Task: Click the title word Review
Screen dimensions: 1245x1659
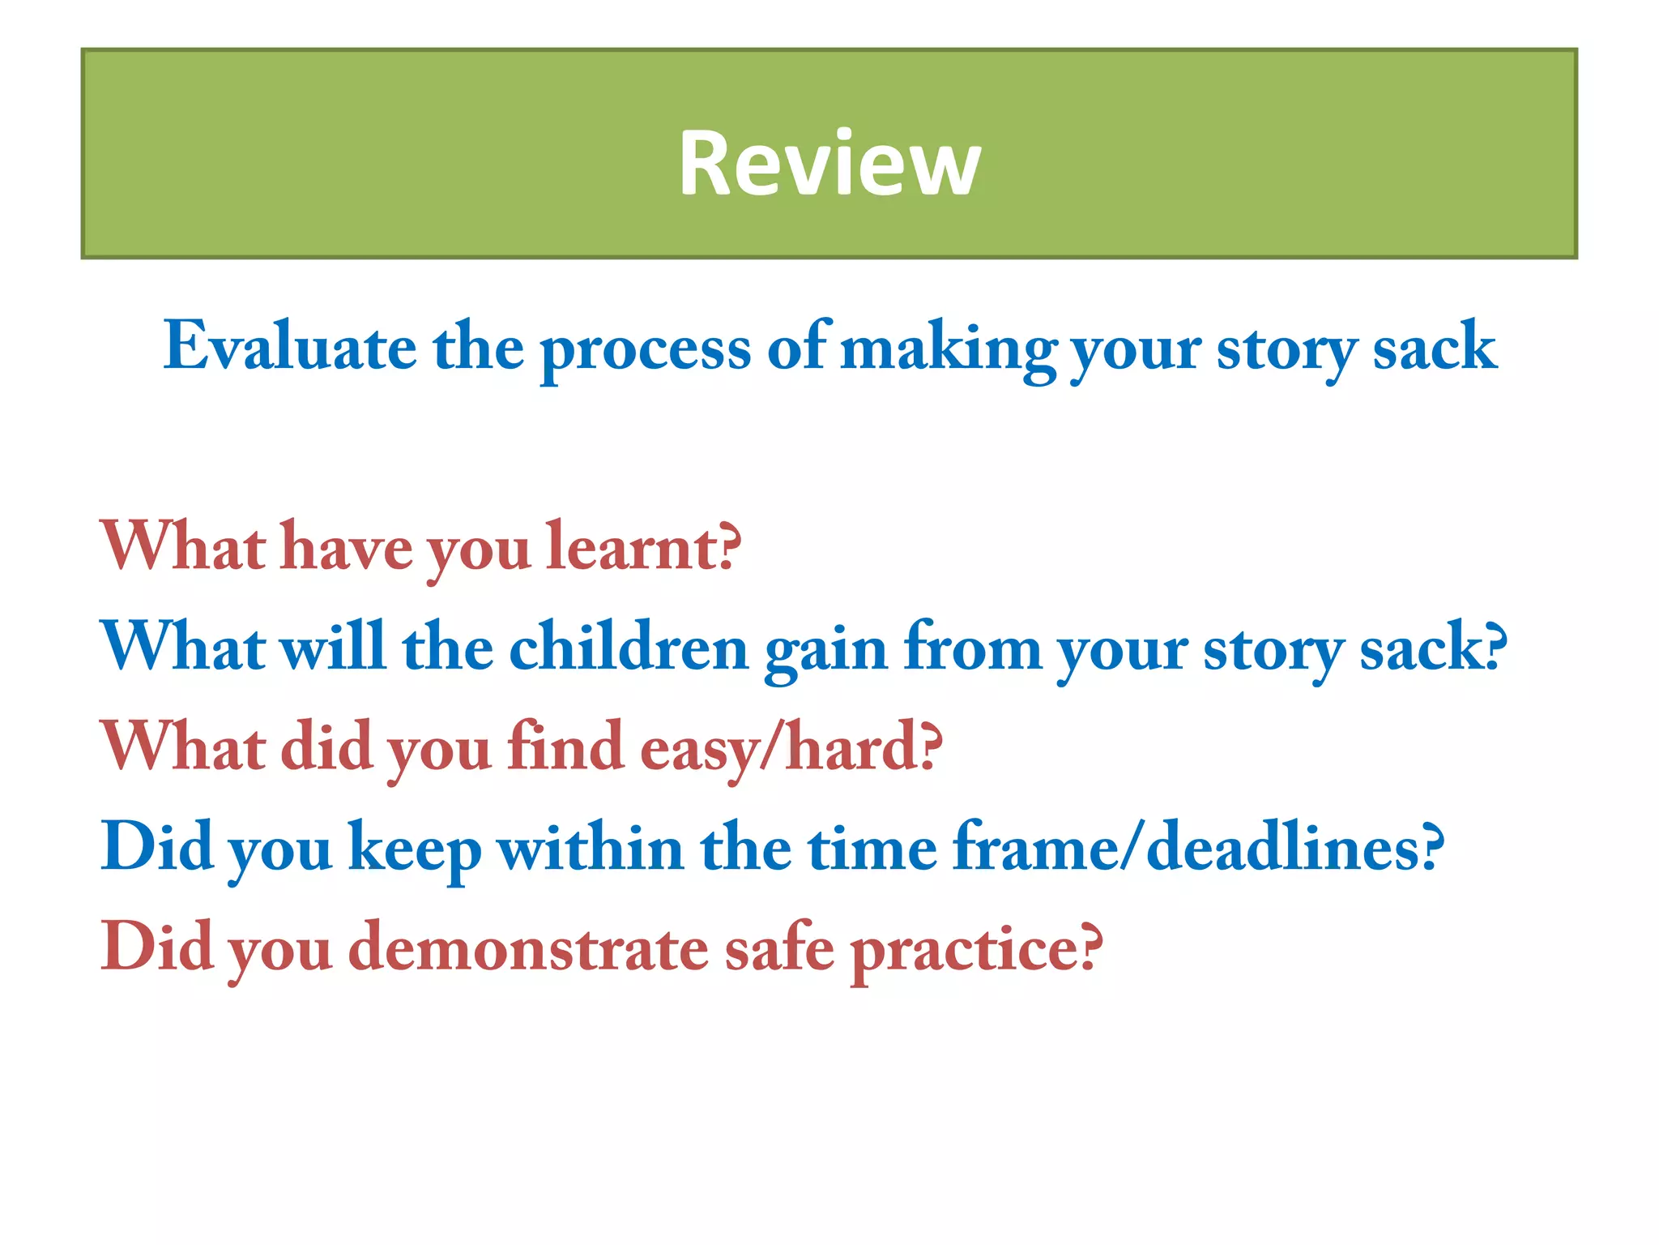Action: pos(829,165)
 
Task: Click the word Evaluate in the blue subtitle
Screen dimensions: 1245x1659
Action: pos(290,347)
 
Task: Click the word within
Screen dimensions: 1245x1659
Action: pos(591,848)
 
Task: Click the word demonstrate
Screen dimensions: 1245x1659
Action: pos(528,948)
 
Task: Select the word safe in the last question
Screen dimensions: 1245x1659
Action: pos(778,948)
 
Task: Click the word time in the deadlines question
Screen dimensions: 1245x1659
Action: pos(872,848)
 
